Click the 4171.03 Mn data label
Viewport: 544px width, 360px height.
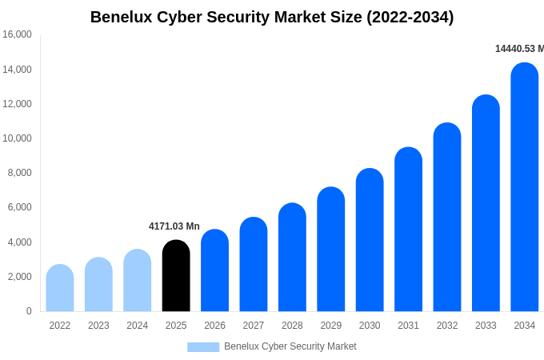(x=174, y=226)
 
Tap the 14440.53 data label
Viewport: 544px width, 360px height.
(x=519, y=49)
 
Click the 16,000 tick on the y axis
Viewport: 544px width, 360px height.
(x=17, y=34)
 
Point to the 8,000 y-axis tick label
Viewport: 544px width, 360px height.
(x=19, y=173)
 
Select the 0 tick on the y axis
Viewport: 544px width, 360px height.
(x=29, y=311)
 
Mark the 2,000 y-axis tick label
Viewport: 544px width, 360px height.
(x=19, y=277)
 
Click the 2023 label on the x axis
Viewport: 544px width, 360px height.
(x=98, y=326)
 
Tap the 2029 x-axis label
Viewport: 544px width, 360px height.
(x=331, y=326)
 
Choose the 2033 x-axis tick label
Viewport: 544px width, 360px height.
(x=486, y=326)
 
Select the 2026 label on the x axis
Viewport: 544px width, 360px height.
(x=214, y=326)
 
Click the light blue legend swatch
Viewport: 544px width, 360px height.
(x=203, y=347)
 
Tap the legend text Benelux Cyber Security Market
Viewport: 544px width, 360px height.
(x=290, y=346)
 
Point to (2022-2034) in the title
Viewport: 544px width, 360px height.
(x=410, y=17)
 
